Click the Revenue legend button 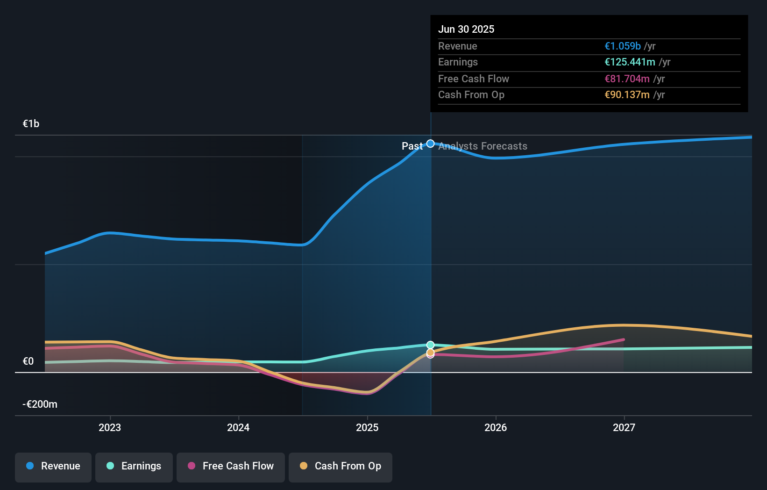53,466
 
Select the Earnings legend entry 134,466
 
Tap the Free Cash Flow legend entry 231,466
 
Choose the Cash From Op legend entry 341,466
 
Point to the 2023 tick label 110,427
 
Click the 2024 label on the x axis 238,427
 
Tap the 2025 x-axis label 367,427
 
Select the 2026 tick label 496,427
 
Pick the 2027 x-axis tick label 624,427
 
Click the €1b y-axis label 31,124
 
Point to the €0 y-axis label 28,361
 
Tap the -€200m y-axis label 40,404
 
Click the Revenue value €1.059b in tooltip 623,46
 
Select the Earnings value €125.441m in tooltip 630,62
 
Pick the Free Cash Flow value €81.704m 627,79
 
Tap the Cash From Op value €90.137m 627,95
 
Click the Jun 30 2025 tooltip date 466,29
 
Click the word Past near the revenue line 412,146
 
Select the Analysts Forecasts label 483,146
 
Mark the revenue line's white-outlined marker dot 431,144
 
